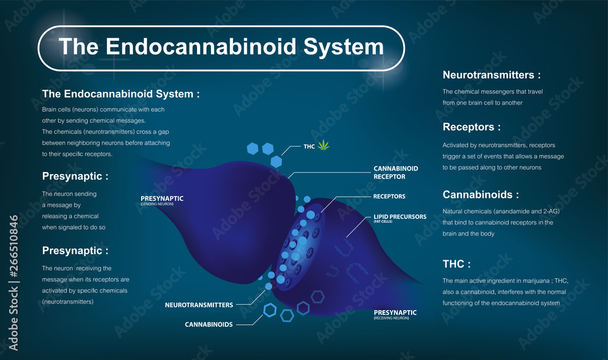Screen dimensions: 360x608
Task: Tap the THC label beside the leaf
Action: pyautogui.click(x=310, y=147)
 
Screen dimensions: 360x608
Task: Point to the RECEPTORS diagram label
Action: pyautogui.click(x=389, y=196)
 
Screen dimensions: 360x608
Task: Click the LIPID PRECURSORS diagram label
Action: pyautogui.click(x=399, y=216)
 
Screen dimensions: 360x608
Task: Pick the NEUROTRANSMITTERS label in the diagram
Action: pyautogui.click(x=199, y=304)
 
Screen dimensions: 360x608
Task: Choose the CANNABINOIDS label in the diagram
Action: pyautogui.click(x=209, y=324)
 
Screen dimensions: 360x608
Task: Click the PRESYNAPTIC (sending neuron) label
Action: pyautogui.click(x=162, y=198)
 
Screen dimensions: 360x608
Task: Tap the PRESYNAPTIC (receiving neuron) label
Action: pyautogui.click(x=395, y=313)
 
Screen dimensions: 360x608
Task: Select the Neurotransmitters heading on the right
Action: pyautogui.click(x=491, y=75)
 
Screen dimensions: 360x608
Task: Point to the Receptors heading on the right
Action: pyautogui.click(x=472, y=127)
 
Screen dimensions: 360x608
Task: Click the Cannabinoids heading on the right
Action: pyautogui.click(x=480, y=195)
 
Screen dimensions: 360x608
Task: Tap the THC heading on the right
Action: pyautogui.click(x=456, y=264)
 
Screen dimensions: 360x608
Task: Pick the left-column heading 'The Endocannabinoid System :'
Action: pyautogui.click(x=120, y=94)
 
